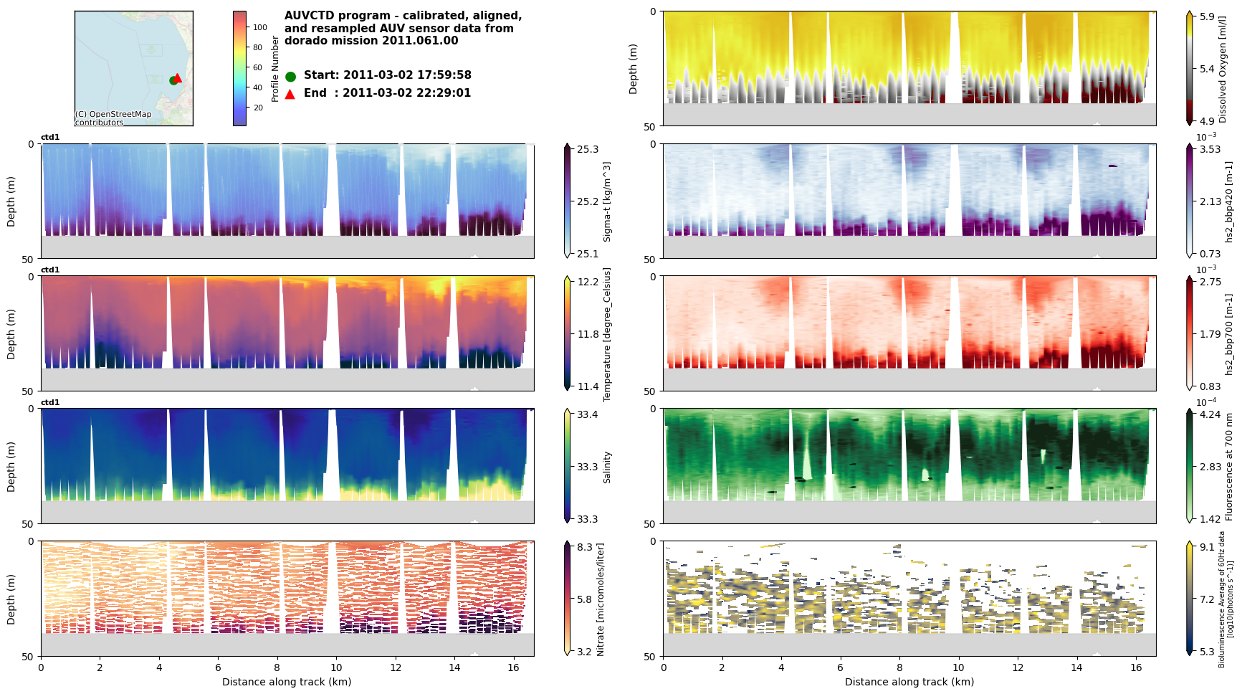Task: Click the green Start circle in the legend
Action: pos(290,76)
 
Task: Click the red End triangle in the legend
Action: pos(290,94)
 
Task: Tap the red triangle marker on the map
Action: pos(178,77)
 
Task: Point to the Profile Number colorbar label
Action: pos(275,69)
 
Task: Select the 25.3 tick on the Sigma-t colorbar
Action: pos(588,149)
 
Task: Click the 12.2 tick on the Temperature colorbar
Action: pos(588,282)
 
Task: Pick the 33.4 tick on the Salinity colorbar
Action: pos(588,414)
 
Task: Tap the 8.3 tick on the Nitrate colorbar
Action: pos(585,547)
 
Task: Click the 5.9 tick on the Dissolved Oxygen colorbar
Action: pos(1207,16)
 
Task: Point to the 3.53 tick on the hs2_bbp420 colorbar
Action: pos(1210,149)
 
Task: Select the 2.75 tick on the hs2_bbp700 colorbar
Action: pos(1210,282)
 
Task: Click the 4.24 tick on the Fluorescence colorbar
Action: pos(1210,414)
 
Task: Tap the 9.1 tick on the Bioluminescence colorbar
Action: pos(1207,547)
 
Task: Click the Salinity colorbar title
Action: pos(607,467)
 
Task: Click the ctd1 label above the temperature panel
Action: pos(50,270)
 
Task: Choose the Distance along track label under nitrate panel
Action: pos(287,682)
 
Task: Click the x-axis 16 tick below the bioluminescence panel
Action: pos(1135,667)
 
